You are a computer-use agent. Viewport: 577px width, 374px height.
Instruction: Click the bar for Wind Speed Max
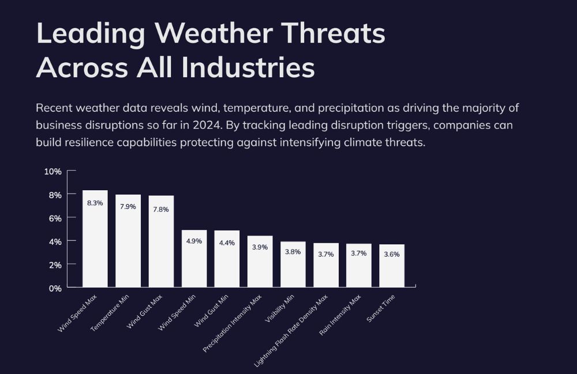pos(95,239)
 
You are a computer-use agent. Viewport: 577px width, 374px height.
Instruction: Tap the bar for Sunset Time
pos(392,266)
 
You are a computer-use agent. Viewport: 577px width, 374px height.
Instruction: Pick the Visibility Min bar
pos(293,265)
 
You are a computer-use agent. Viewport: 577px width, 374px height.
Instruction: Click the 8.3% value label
pos(95,203)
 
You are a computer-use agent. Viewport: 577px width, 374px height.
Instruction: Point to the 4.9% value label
pos(194,241)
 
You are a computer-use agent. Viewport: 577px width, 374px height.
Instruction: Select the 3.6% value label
pos(392,254)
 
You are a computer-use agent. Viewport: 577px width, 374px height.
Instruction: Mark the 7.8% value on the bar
pos(161,209)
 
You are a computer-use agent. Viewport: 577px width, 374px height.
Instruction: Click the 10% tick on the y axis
pos(53,172)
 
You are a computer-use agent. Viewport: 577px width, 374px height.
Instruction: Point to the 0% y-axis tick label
pos(55,288)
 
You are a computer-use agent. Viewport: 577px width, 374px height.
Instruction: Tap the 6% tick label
pos(55,218)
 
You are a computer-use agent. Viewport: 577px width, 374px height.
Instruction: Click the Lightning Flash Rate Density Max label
pos(291,331)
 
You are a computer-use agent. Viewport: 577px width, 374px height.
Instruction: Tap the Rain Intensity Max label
pos(340,315)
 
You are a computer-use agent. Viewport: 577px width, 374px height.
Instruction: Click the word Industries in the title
pos(248,67)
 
